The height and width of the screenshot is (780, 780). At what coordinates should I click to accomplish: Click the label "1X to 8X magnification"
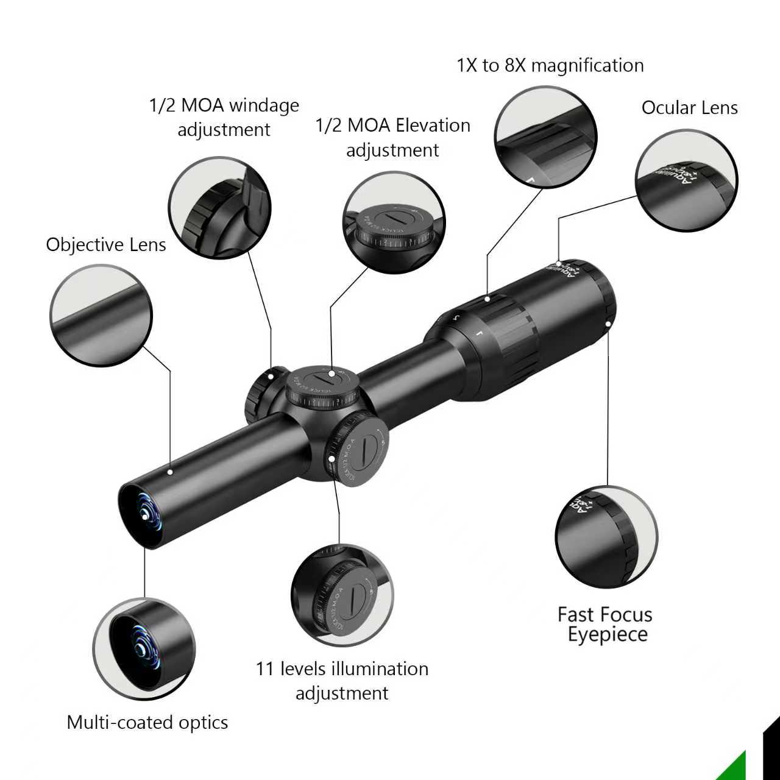[550, 65]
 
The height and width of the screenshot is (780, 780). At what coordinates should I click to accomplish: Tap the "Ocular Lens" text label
[689, 108]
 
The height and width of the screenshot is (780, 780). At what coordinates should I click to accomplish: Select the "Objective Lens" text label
[106, 245]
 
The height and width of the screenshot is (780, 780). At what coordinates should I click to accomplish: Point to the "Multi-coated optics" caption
[147, 723]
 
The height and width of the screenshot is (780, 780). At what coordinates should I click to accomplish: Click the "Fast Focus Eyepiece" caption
[605, 624]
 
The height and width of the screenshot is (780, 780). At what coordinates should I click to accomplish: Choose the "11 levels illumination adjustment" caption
[342, 681]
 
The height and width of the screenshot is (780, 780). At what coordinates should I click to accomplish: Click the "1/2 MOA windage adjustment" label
[224, 117]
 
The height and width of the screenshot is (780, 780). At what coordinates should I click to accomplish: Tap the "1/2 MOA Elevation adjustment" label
[393, 137]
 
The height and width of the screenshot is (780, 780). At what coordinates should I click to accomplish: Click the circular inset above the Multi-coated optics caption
[144, 649]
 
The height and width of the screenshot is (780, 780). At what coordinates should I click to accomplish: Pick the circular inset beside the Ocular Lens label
[686, 180]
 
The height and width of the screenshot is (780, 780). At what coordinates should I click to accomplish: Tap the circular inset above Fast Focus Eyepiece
[606, 537]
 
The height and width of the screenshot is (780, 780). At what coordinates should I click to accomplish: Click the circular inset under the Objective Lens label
[101, 315]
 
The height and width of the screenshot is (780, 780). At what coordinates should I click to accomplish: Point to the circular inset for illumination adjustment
[342, 595]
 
